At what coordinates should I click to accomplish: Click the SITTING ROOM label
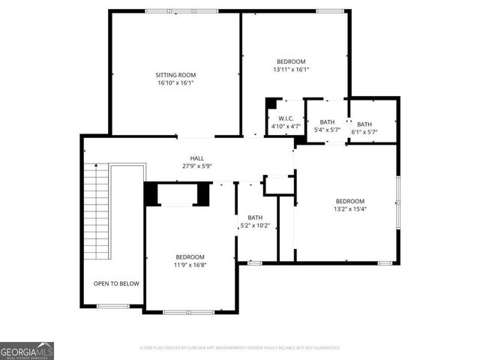pyautogui.click(x=175, y=75)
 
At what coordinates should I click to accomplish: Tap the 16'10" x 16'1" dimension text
pyautogui.click(x=175, y=83)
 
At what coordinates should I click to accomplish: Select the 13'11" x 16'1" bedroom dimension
pyautogui.click(x=291, y=70)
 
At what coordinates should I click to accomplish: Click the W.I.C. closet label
pyautogui.click(x=285, y=118)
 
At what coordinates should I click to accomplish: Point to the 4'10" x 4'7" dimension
pyautogui.click(x=285, y=127)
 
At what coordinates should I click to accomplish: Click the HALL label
pyautogui.click(x=197, y=158)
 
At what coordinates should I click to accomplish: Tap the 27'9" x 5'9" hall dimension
pyautogui.click(x=197, y=166)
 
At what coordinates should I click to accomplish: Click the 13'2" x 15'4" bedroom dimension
pyautogui.click(x=349, y=209)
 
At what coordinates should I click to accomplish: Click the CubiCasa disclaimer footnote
pyautogui.click(x=240, y=348)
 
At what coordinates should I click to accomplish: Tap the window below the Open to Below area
pyautogui.click(x=113, y=306)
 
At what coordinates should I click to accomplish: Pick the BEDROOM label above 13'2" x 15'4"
pyautogui.click(x=349, y=201)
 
